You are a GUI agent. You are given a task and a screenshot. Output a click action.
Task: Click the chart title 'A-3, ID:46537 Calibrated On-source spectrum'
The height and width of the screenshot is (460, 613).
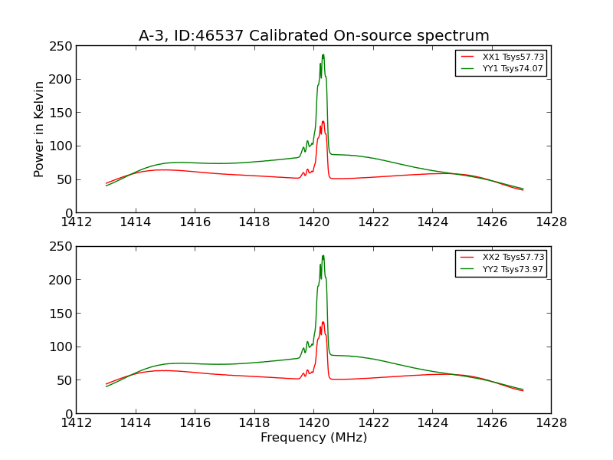(313, 36)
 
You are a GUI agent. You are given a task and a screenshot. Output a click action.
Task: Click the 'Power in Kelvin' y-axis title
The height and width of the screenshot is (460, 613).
(39, 129)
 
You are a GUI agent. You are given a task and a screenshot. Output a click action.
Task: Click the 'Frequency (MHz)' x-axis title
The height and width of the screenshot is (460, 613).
(313, 438)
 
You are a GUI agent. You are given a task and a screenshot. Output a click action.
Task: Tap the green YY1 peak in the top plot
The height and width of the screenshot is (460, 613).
(323, 54)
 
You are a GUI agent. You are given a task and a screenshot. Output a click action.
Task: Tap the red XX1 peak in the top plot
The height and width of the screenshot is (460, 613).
(323, 121)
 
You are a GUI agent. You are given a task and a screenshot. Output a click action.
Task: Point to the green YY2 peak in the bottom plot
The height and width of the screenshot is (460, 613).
(323, 255)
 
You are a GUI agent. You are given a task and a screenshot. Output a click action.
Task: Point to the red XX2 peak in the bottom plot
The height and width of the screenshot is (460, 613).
(323, 322)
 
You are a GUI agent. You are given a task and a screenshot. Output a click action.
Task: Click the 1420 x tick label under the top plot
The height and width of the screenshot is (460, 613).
(313, 222)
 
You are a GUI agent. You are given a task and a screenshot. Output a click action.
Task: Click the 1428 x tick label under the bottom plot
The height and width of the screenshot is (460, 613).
(551, 423)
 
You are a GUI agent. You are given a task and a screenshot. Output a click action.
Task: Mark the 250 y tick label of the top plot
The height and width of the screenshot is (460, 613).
(61, 46)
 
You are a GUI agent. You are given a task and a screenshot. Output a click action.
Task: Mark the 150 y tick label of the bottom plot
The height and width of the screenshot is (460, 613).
(61, 314)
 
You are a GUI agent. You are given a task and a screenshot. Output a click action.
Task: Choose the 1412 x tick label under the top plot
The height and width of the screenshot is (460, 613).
(76, 222)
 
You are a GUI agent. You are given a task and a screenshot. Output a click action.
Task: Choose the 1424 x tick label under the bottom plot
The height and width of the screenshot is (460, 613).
(432, 423)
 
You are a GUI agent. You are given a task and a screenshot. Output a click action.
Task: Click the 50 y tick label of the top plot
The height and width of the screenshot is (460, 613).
(64, 179)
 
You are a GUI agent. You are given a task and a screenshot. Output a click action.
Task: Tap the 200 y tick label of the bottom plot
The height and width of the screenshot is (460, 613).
(61, 280)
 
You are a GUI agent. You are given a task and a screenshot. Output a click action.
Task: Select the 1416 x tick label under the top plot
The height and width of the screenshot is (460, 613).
(195, 222)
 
